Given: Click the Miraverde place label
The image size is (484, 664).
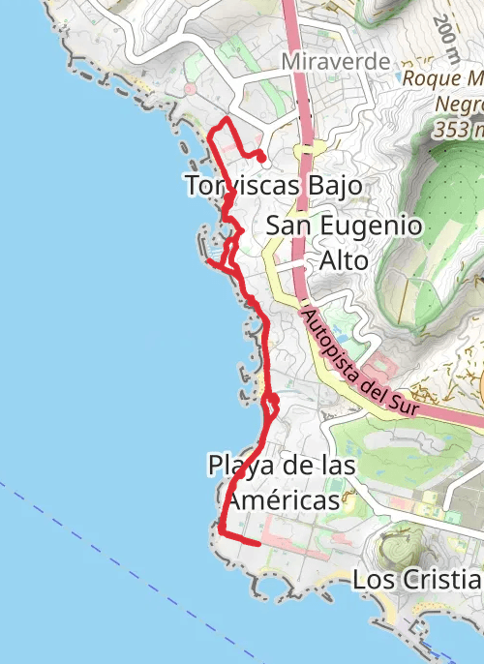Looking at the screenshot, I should point(336,62).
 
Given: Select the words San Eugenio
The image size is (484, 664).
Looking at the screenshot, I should point(345,226).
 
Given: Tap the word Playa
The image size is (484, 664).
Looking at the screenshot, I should point(238,466).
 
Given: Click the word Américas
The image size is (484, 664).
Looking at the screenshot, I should point(279,499).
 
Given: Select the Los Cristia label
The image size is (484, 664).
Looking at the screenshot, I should point(416,580).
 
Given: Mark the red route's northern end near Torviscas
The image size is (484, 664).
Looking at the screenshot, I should point(262,158).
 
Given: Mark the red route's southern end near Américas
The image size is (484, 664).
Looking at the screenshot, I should point(259,544).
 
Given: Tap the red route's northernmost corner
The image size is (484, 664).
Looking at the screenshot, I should point(226,119).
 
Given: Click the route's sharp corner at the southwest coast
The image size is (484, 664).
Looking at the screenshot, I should point(222,531).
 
